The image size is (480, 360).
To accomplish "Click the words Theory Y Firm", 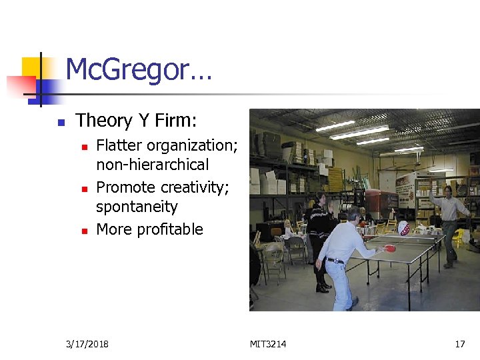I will pos(136,121).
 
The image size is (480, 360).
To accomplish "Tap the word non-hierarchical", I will pos(153,165).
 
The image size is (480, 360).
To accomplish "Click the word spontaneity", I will pos(137,207).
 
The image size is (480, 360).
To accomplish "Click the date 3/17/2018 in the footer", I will pos(87,344).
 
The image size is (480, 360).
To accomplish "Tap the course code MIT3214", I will pos(268,344).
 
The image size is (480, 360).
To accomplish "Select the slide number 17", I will pos(459,344).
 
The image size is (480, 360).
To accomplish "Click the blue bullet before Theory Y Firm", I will pos(60,122).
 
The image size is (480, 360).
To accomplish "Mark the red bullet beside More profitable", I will pos(84,231).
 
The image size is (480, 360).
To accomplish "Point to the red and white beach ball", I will pos(404,228).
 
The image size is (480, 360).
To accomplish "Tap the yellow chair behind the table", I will pos(459,237).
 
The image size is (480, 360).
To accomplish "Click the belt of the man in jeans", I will pos(336,261).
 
